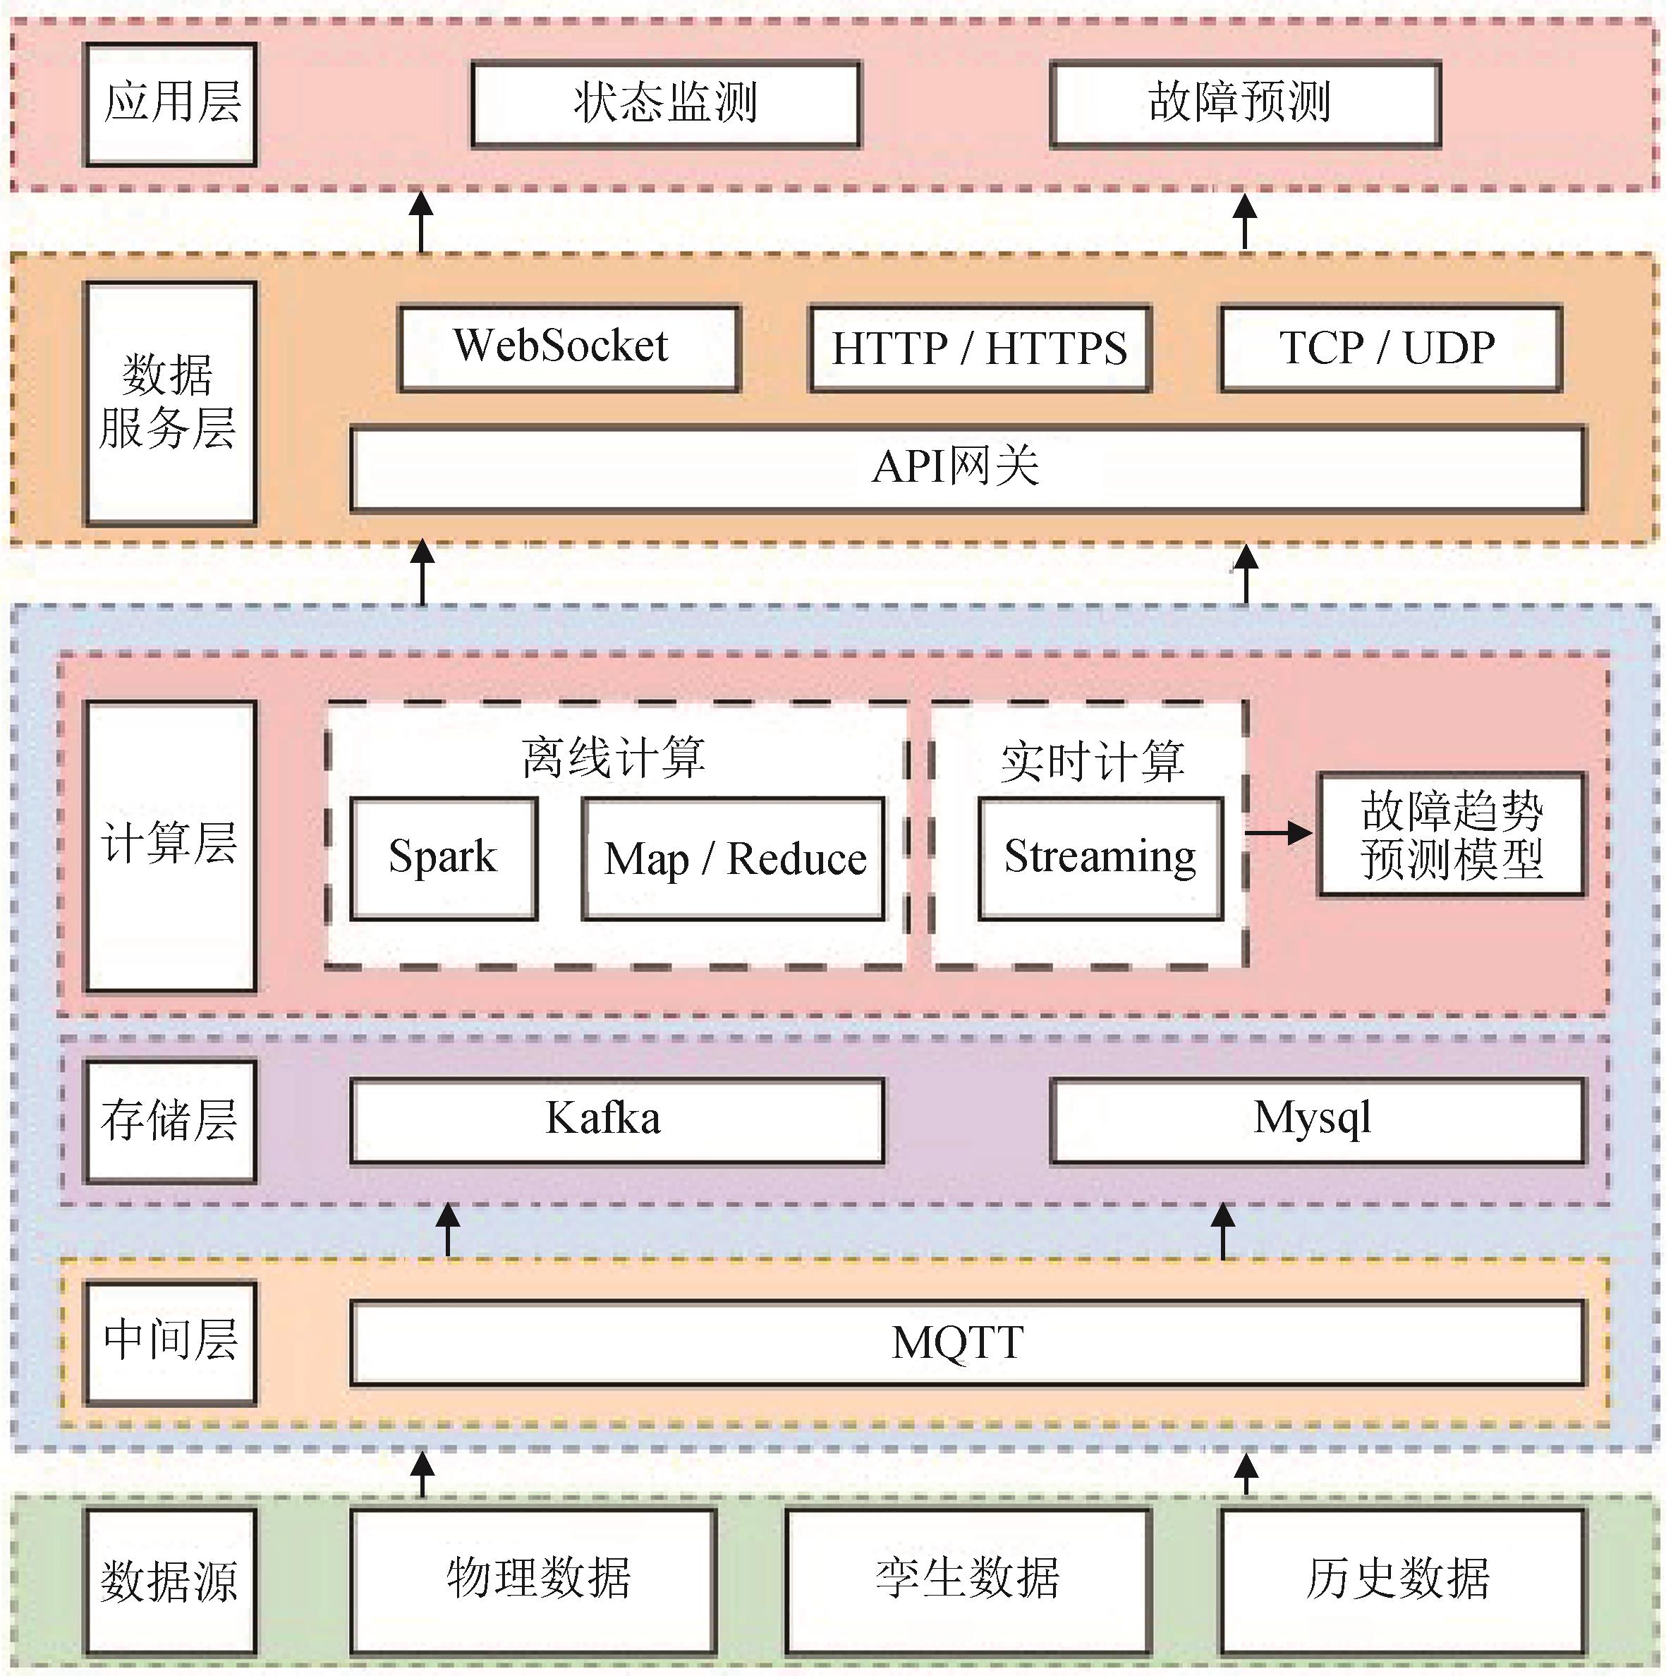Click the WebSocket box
point(569,348)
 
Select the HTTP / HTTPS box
point(980,348)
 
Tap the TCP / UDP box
point(1390,348)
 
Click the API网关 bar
point(967,468)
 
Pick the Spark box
point(443,858)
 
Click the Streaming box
point(1100,858)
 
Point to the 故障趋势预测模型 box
point(1452,834)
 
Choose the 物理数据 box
point(533,1581)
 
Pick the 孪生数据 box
point(968,1581)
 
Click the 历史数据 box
point(1402,1581)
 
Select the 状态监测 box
point(665,103)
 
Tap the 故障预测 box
point(1244,103)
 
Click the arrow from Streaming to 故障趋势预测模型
point(1279,834)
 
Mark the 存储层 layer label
point(170,1121)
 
